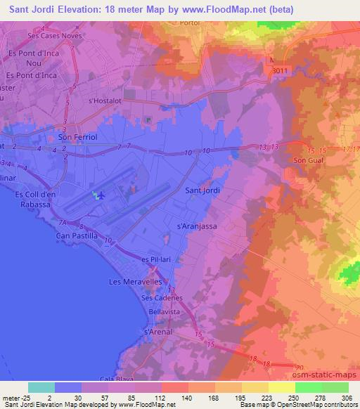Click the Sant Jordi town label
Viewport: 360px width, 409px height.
click(x=202, y=190)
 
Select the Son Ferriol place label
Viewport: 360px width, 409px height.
click(x=75, y=138)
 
